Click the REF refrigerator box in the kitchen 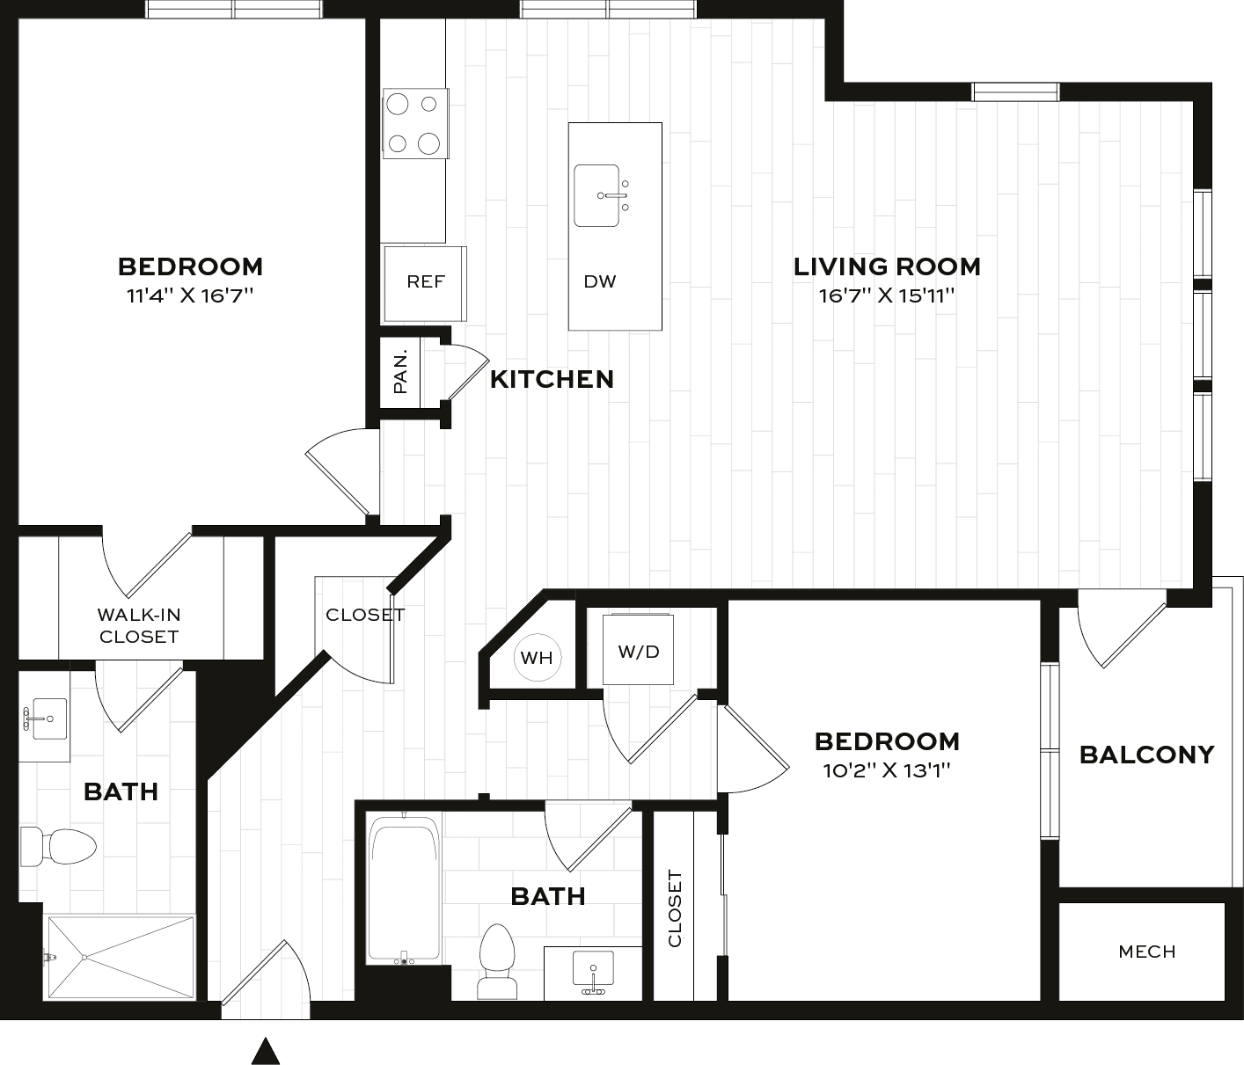426,283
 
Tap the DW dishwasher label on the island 600,282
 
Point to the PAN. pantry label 401,372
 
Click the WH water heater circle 537,658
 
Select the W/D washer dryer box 639,651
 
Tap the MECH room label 1146,952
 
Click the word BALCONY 1146,755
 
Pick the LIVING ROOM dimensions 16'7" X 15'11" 886,295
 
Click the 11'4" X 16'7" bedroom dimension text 190,295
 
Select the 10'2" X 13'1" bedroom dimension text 887,771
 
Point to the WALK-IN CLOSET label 139,625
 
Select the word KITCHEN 552,379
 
